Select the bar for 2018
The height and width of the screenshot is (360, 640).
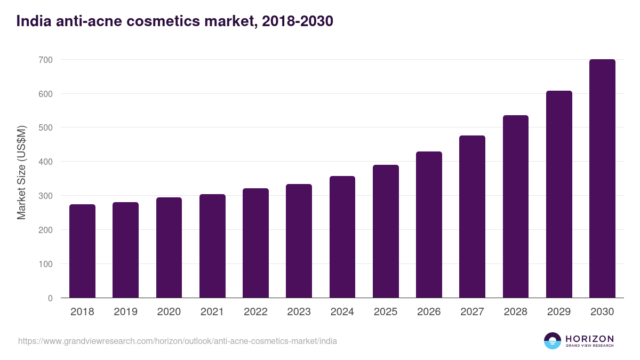(x=82, y=251)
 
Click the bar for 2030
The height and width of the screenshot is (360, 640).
(x=602, y=179)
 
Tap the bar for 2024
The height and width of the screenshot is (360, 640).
(x=342, y=237)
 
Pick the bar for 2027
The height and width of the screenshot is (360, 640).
(x=472, y=217)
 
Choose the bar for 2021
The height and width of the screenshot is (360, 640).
(x=212, y=246)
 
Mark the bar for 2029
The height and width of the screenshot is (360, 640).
(x=559, y=194)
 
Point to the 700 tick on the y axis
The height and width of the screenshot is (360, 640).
(x=46, y=60)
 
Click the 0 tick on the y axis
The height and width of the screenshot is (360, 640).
(x=50, y=298)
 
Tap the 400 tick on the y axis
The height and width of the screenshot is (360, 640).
(x=46, y=162)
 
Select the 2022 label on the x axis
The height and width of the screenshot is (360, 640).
(x=255, y=312)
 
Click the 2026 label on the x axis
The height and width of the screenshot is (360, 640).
(x=429, y=312)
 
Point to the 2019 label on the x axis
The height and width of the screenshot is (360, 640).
(x=125, y=312)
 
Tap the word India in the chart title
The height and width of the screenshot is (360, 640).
(x=31, y=21)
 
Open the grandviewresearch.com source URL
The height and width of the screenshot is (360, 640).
(x=178, y=341)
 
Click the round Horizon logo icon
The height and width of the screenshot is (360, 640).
(x=553, y=341)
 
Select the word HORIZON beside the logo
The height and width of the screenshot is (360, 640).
(x=589, y=339)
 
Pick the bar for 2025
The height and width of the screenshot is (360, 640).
(x=386, y=231)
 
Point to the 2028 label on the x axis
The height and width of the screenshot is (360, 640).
(x=516, y=312)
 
